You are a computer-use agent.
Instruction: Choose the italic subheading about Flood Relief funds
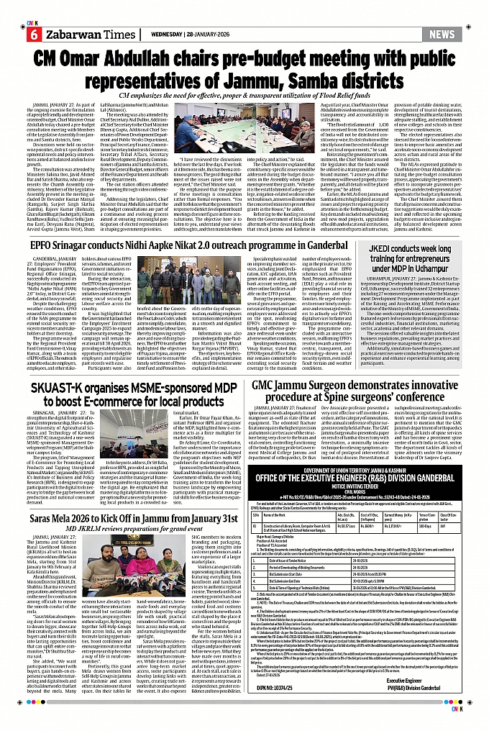click(x=244, y=96)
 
